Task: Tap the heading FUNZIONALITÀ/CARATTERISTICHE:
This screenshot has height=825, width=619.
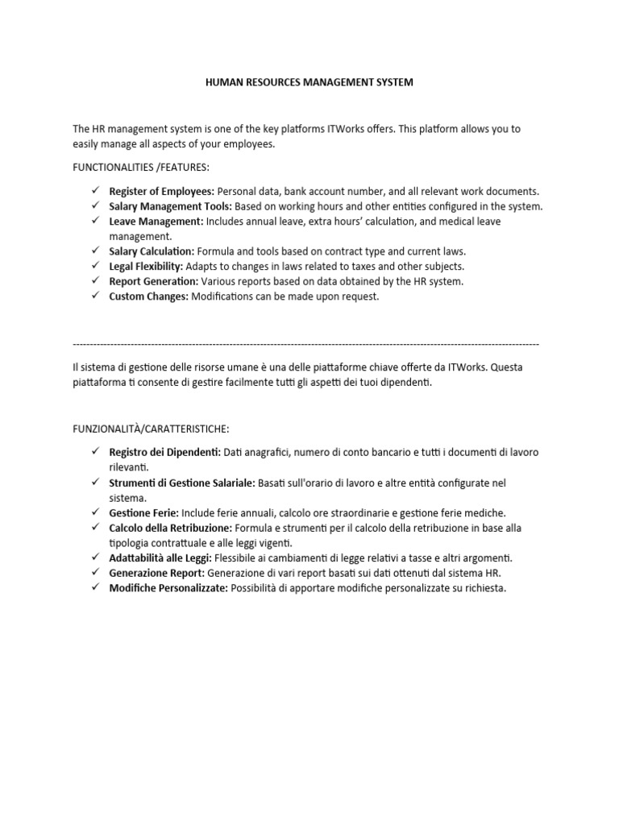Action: [x=156, y=428]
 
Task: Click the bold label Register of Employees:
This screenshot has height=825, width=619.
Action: [x=161, y=191]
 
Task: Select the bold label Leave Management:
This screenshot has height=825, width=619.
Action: [x=156, y=221]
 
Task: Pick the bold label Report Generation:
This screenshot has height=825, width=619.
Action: [x=154, y=281]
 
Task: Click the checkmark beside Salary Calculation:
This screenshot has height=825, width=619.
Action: [x=94, y=251]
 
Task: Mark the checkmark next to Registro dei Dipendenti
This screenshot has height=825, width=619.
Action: [x=94, y=452]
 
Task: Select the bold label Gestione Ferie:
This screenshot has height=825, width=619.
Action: [x=144, y=512]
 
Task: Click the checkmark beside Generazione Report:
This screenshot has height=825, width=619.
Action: [x=94, y=573]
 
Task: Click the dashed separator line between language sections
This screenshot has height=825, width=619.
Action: [x=305, y=344]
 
